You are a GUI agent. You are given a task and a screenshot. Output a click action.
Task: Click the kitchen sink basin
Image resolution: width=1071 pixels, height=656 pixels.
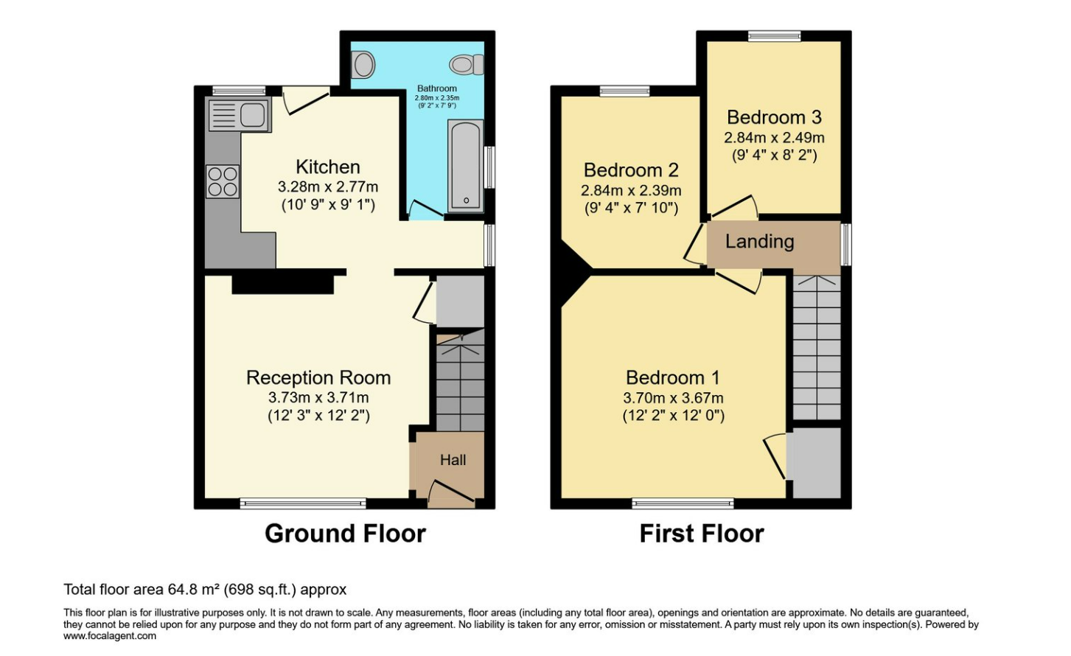tap(252, 115)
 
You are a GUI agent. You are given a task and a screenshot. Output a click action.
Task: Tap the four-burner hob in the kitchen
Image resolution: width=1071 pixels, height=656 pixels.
tap(223, 181)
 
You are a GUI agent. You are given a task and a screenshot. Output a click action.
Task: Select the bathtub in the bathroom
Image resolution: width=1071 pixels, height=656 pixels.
tap(466, 165)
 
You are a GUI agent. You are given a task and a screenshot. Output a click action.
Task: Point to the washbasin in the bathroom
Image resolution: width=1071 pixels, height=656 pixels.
tap(363, 65)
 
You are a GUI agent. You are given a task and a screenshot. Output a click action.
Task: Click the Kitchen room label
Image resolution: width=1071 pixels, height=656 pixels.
tap(328, 167)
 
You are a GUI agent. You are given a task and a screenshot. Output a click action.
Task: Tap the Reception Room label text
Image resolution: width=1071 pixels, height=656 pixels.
tap(318, 377)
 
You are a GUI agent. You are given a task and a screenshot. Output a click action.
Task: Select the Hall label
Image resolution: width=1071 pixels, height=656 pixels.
tap(453, 460)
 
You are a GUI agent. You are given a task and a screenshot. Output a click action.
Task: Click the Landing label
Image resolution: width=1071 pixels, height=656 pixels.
tap(760, 242)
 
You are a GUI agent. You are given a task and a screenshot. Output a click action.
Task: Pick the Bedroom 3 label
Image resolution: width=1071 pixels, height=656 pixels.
tap(774, 117)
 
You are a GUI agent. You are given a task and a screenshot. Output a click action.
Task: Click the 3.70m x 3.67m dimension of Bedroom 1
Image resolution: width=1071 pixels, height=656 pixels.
tap(673, 398)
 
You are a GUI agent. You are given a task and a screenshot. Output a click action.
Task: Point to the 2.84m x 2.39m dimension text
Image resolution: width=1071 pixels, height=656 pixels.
tap(631, 190)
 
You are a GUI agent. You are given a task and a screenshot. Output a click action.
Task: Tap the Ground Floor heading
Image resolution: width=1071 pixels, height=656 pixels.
tap(345, 534)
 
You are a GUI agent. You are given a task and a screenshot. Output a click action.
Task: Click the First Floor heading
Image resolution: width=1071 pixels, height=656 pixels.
tap(702, 534)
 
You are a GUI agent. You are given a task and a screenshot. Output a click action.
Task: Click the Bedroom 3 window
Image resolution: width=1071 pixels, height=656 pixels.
tap(774, 36)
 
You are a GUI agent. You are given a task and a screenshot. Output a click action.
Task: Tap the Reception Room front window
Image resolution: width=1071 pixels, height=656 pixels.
tap(303, 503)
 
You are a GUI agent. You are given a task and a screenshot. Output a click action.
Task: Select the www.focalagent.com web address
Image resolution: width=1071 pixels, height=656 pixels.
tap(110, 636)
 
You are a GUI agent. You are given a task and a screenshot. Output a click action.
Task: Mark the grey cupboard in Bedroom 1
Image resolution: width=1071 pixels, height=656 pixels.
tap(814, 463)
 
